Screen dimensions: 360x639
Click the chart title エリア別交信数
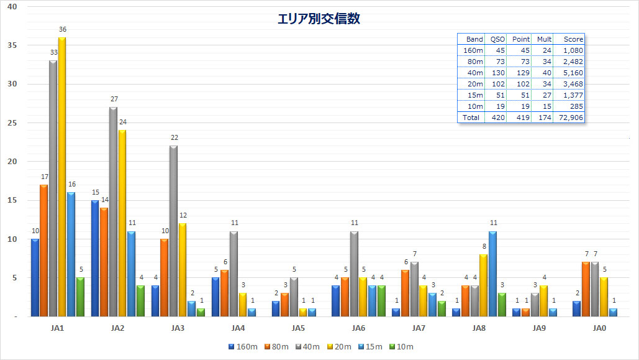[319, 19]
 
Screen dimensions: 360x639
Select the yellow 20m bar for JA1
[61, 177]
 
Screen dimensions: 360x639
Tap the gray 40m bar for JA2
[113, 211]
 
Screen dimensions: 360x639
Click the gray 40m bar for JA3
[173, 231]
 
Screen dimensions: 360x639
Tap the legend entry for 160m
[243, 346]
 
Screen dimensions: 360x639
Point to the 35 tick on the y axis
[12, 45]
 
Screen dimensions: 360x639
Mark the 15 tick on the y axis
[12, 200]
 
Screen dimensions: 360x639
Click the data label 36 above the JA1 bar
[62, 29]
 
